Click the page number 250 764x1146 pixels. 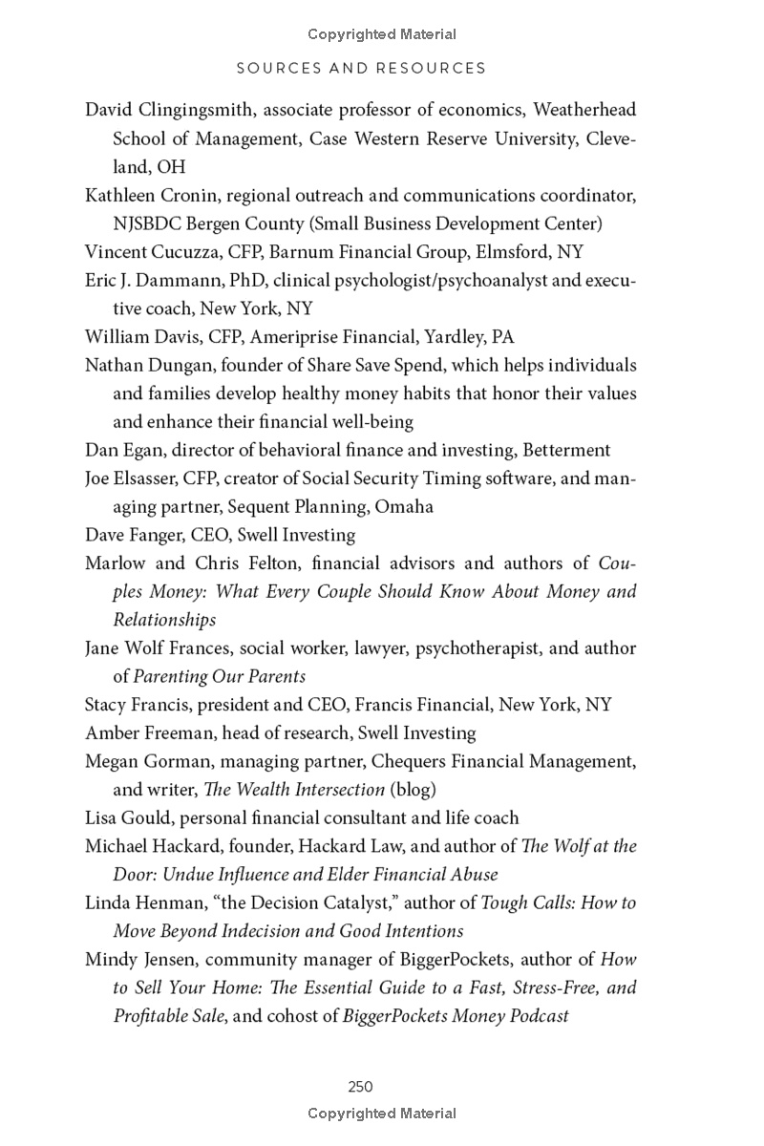pos(360,1086)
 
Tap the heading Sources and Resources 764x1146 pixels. pos(361,68)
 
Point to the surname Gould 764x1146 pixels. pos(144,818)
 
